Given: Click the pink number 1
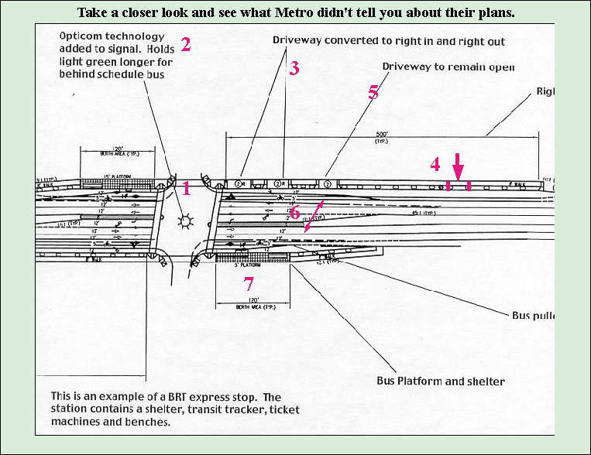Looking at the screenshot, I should [x=186, y=187].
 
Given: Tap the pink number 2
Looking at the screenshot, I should [x=185, y=44].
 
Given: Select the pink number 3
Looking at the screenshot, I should [x=294, y=68].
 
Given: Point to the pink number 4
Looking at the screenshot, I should [x=435, y=164].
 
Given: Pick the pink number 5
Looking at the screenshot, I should [x=373, y=92].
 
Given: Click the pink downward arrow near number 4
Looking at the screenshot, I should [x=458, y=167].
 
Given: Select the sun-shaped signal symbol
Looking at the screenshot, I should [x=184, y=222].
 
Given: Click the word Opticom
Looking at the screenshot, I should [x=83, y=37].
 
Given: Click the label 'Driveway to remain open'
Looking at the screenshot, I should [x=449, y=67].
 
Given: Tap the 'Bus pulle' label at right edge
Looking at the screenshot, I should [x=534, y=316].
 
